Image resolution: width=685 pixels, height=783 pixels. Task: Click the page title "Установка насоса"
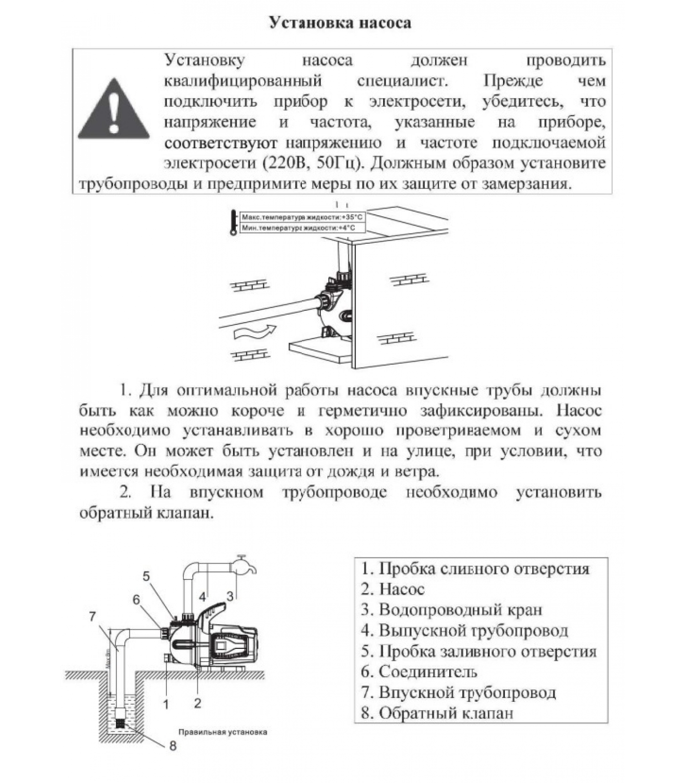click(340, 23)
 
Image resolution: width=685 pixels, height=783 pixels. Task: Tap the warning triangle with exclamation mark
click(114, 111)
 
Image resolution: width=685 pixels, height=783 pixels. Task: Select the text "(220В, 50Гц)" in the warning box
click(313, 163)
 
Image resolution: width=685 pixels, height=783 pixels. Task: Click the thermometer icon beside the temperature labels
click(233, 223)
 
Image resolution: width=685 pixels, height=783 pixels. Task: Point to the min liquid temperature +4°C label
click(297, 228)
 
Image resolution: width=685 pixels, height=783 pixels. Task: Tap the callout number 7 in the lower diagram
click(92, 617)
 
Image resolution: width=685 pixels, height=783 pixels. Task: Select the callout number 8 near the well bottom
click(173, 746)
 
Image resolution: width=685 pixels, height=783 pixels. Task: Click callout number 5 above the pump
click(146, 576)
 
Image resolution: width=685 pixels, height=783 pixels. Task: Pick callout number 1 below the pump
click(166, 704)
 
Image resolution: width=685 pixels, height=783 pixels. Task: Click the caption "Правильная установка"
click(223, 732)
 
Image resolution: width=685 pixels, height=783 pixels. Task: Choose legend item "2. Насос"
click(392, 589)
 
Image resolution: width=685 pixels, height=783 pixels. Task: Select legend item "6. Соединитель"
click(419, 672)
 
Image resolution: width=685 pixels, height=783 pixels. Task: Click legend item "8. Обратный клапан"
click(437, 713)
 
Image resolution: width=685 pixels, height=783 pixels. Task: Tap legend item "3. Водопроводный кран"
click(451, 610)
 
